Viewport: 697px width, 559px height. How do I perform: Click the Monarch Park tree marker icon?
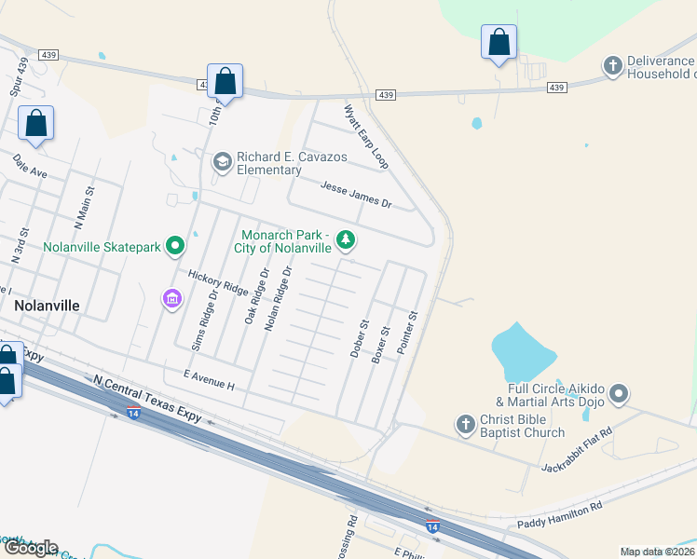(346, 241)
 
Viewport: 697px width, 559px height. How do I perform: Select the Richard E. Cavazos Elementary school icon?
(222, 163)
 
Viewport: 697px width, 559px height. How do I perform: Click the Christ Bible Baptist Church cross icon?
(466, 426)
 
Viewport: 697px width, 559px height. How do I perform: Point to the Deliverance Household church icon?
(612, 66)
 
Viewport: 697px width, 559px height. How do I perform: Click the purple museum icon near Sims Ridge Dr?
(171, 299)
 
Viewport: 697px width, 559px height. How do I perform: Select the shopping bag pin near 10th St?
(225, 81)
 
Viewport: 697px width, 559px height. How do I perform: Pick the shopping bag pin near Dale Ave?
(35, 123)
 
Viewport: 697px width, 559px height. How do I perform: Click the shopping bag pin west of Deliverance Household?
(499, 42)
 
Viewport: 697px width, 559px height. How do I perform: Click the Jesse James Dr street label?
(356, 196)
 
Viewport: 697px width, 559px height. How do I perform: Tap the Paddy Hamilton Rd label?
(560, 514)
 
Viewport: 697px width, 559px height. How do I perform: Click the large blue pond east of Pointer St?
(523, 350)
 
